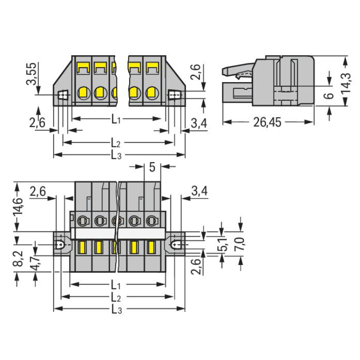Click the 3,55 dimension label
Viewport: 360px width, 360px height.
32,74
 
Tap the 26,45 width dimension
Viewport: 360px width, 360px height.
267,122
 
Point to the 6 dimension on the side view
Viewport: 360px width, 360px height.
330,96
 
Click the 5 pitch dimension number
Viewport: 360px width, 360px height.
152,167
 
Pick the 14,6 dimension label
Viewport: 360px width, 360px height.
18,206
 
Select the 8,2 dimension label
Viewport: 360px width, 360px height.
18,258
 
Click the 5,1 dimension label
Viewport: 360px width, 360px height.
224,244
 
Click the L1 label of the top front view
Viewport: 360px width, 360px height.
116,120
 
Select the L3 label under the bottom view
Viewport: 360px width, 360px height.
117,310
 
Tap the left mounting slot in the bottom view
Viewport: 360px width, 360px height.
60,245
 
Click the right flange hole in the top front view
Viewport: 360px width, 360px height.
175,95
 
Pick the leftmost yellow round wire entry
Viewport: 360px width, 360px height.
84,93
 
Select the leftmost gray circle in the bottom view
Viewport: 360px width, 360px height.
83,221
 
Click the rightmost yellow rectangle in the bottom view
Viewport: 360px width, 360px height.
151,247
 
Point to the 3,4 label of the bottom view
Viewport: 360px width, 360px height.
199,191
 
